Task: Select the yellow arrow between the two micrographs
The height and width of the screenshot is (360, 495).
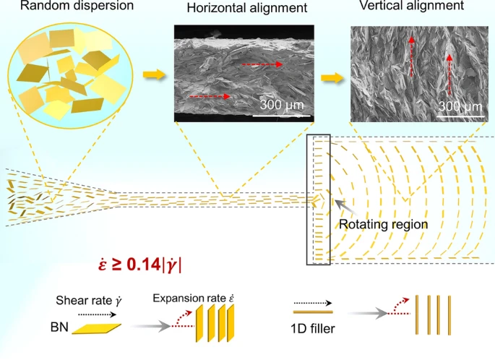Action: point(332,77)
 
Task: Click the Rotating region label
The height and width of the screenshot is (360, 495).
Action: point(383,224)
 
